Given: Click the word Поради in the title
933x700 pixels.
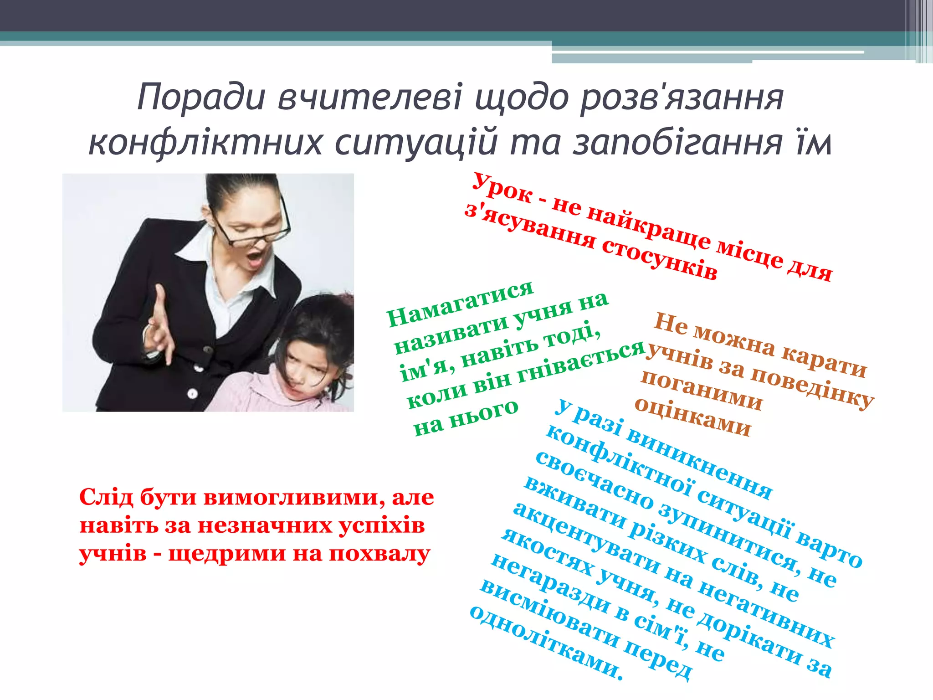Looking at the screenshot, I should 201,97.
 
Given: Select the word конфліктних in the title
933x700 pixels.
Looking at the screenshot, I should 205,143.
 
